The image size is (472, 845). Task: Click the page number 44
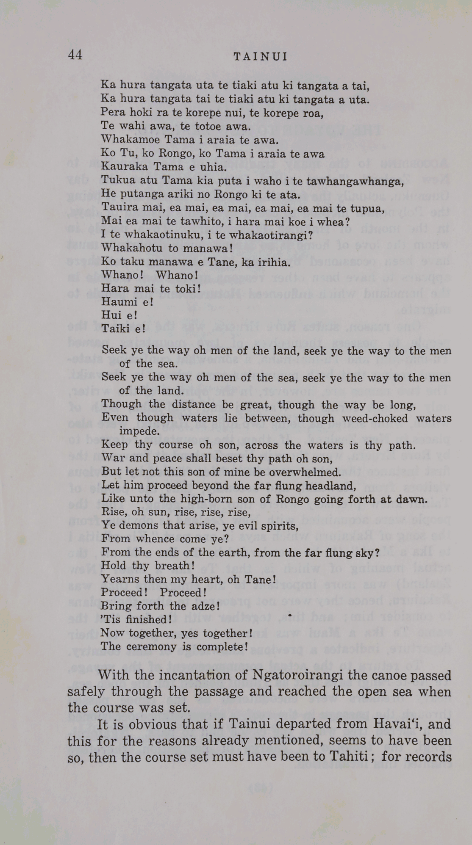pyautogui.click(x=75, y=55)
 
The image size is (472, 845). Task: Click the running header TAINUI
pyautogui.click(x=261, y=57)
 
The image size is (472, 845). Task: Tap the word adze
pyautogui.click(x=200, y=606)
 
